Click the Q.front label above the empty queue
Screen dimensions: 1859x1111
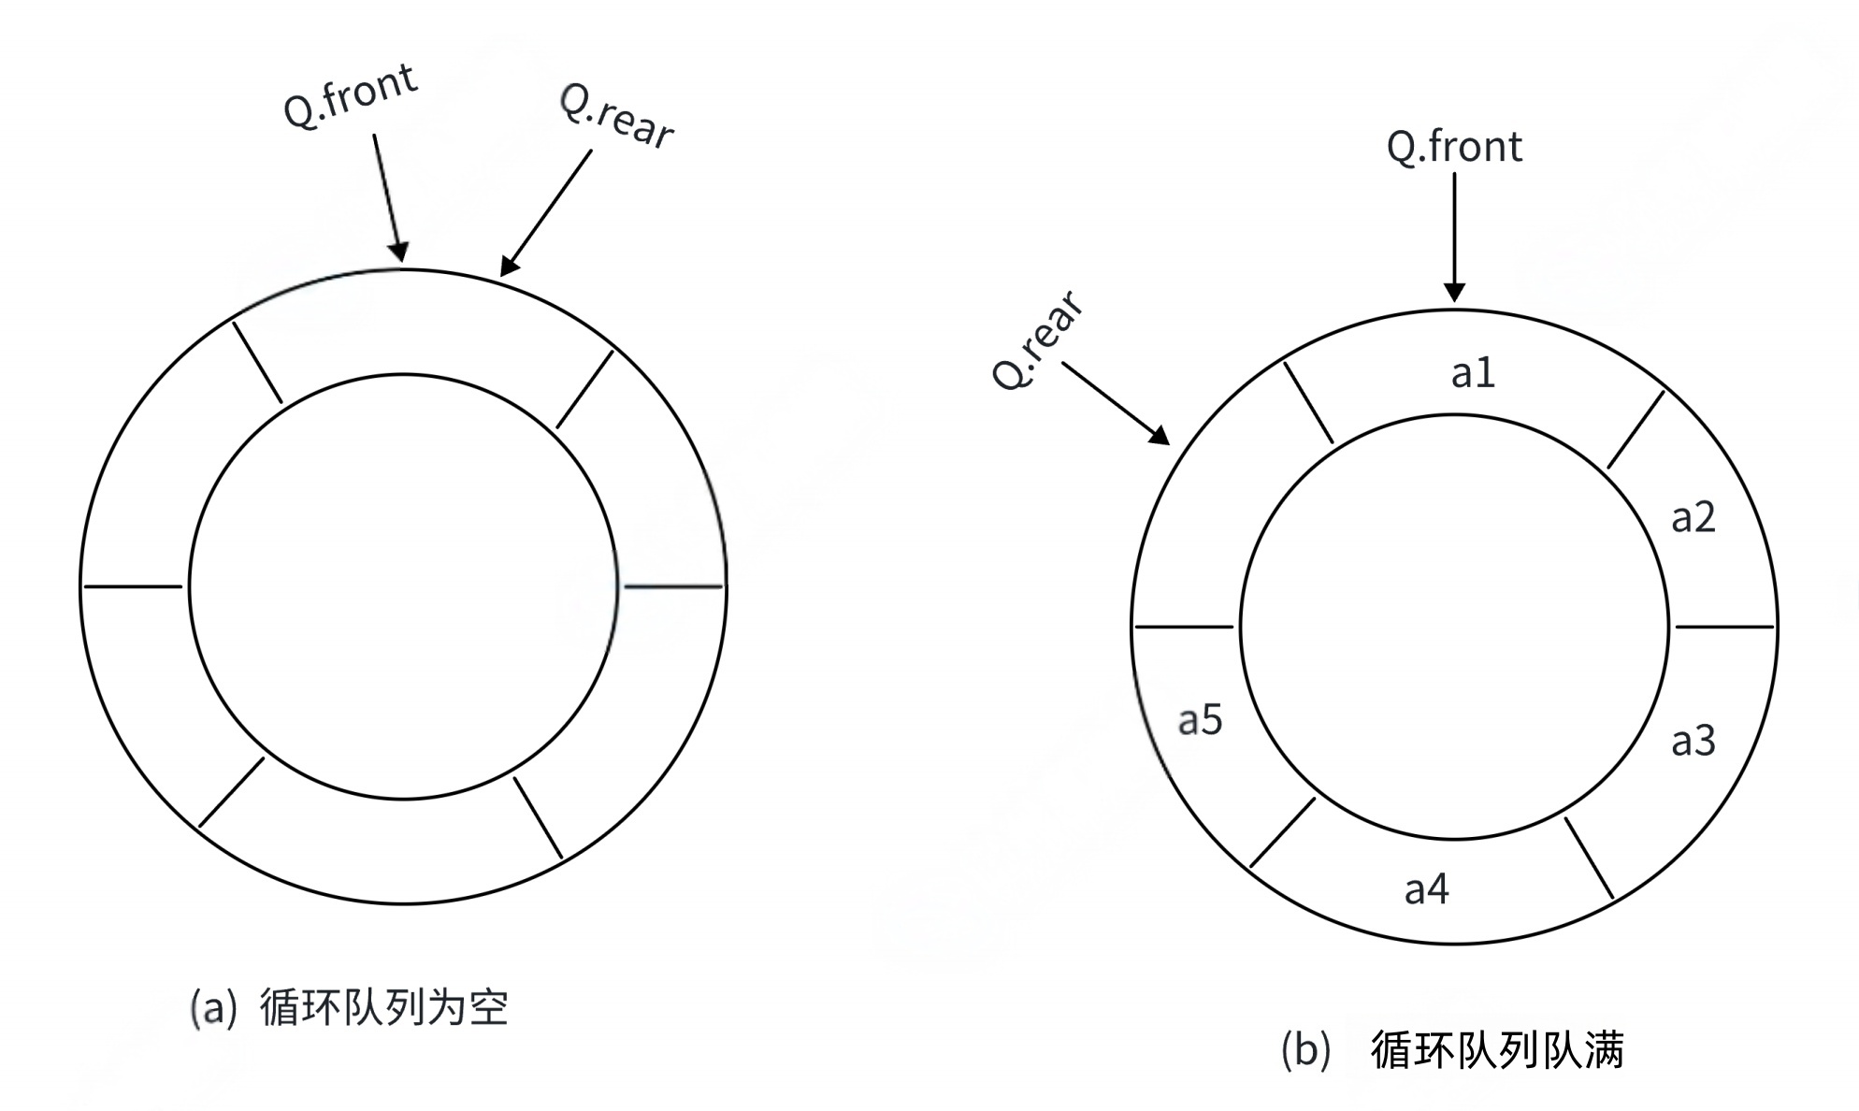coord(350,95)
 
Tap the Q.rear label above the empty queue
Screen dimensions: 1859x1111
coord(616,117)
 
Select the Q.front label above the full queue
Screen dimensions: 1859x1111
coord(1454,147)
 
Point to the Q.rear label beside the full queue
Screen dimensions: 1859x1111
coord(1037,340)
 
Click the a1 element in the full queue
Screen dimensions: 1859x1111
coord(1473,372)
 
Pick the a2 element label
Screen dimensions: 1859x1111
coord(1693,517)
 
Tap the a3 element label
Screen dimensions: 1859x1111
coord(1693,741)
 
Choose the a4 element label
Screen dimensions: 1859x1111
coord(1426,888)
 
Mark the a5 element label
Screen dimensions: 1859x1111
coord(1200,719)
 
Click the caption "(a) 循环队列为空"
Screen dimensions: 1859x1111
coord(350,1007)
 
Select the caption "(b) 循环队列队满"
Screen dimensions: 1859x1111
coord(1451,1049)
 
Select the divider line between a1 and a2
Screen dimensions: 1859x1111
coord(1636,430)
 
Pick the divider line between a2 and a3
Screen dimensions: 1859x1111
coord(1723,626)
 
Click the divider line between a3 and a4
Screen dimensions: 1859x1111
coord(1589,858)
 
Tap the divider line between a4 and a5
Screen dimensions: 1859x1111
coord(1282,832)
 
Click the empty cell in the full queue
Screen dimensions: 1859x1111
coord(1206,524)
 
